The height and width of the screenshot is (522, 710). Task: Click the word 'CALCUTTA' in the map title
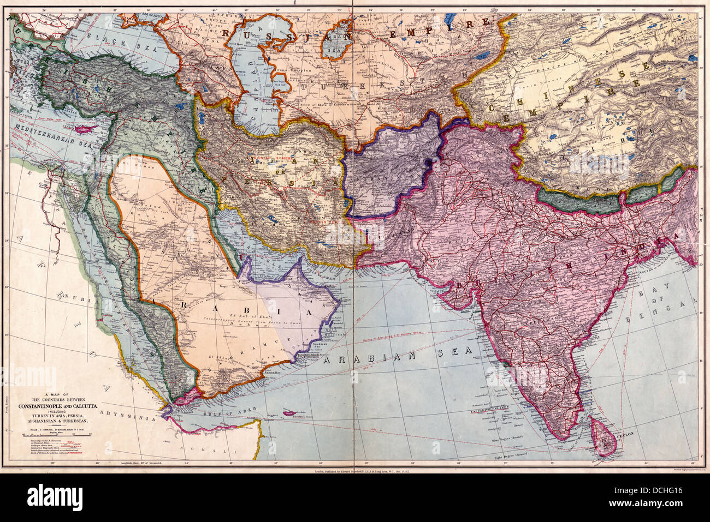pos(82,406)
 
